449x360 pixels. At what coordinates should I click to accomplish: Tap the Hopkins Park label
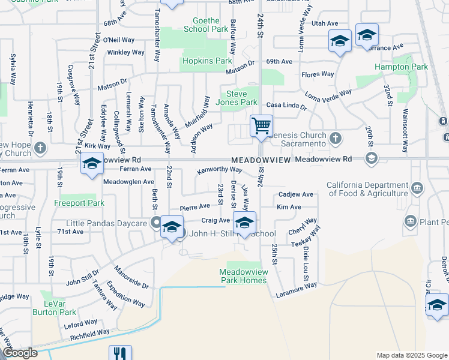pos(206,61)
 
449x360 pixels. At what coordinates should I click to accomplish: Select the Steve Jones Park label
pos(241,98)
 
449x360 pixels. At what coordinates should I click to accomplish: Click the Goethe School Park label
pos(206,25)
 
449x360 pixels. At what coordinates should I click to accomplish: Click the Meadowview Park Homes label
pos(242,276)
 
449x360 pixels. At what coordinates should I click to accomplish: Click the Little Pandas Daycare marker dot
pos(156,224)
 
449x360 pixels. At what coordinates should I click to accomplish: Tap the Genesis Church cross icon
pos(336,139)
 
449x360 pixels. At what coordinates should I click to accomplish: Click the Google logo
pos(20,353)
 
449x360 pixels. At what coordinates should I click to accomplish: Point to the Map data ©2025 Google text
pos(412,355)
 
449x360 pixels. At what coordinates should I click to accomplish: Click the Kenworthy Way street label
pos(223,170)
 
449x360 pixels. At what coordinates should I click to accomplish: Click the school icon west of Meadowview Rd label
pos(92,164)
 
